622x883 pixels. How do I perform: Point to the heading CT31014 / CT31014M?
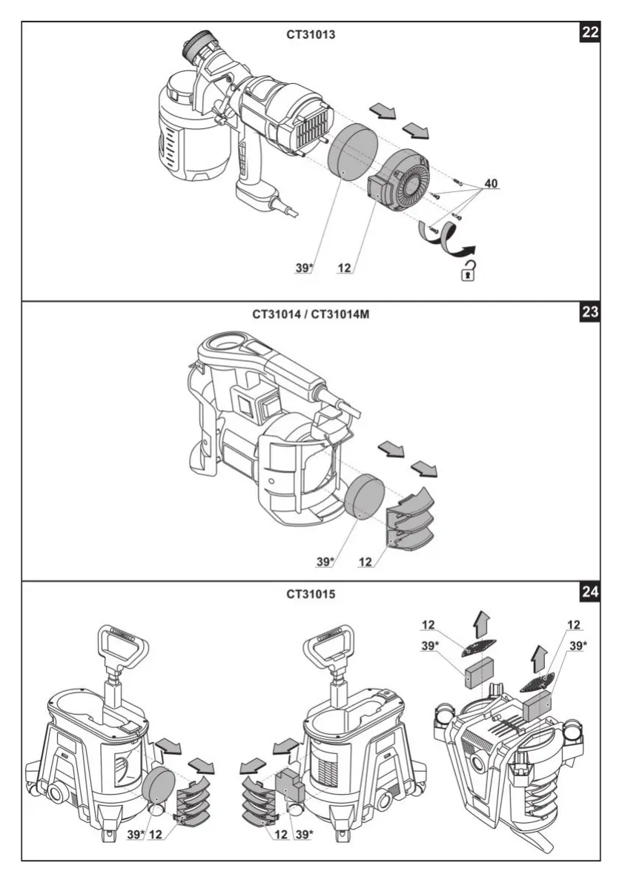click(310, 314)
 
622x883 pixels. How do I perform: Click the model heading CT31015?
click(310, 594)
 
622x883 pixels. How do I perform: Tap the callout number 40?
click(492, 182)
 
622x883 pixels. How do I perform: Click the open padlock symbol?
click(468, 271)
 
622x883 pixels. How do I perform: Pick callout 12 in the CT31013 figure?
click(344, 268)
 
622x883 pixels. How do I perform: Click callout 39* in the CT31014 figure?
click(325, 562)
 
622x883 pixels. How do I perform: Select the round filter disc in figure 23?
click(363, 498)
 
